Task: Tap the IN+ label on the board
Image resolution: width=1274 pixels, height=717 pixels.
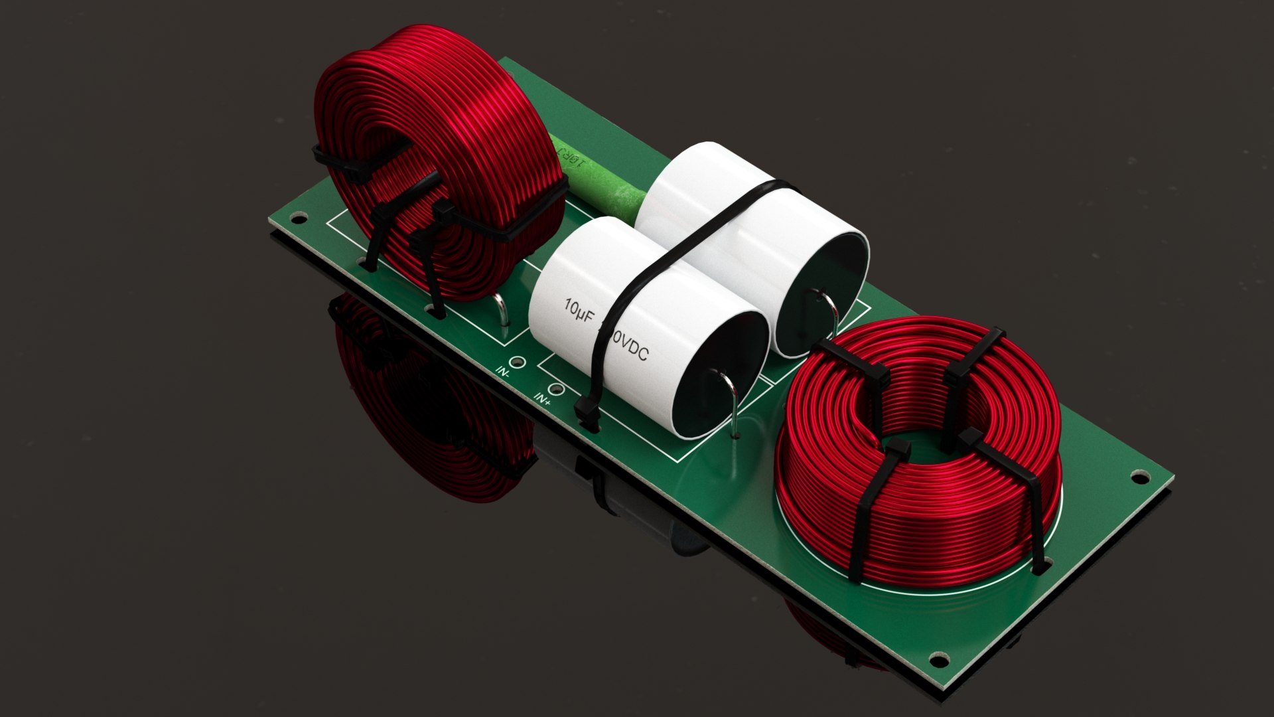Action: coord(542,399)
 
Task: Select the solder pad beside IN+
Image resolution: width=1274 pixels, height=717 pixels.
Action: coord(555,389)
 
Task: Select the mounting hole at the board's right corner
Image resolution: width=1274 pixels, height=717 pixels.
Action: coord(1139,477)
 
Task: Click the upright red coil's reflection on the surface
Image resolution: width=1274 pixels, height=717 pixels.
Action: coord(425,412)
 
